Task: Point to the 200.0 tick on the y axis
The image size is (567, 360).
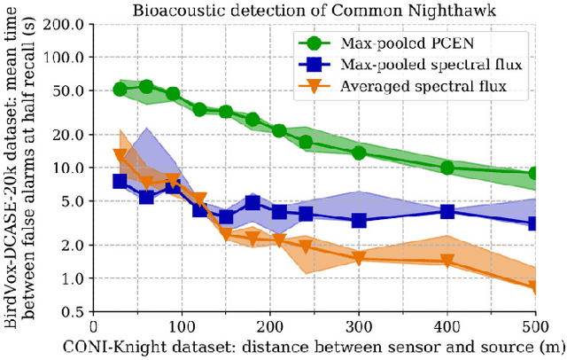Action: point(68,24)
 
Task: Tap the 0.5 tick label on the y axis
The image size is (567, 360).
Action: point(74,312)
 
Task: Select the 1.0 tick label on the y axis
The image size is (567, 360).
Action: point(74,278)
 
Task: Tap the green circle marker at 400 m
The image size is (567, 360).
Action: point(447,168)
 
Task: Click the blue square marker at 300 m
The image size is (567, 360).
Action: point(359,220)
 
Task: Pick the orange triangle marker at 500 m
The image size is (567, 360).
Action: point(534,286)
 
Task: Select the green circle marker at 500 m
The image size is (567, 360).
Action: point(534,174)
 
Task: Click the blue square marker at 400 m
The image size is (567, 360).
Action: point(447,212)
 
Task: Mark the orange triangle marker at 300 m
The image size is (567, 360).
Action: point(359,258)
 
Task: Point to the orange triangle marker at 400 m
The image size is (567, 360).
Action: point(447,262)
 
